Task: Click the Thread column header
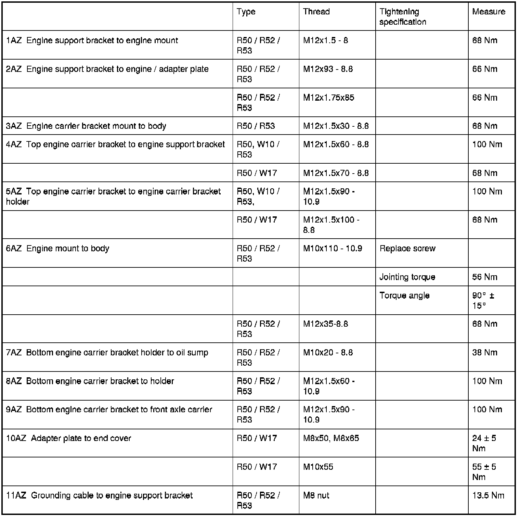316,12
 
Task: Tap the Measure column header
489,12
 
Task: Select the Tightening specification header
403,17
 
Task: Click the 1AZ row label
92,40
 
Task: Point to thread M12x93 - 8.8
328,69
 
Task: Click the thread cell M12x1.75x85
328,98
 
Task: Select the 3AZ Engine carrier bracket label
86,126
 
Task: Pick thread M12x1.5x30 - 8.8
336,126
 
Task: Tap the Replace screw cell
407,249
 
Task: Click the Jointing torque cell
407,277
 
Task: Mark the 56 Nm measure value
484,277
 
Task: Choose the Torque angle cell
404,295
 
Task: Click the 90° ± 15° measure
483,300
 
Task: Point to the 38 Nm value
484,353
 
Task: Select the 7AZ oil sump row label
107,353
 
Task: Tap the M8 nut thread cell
316,495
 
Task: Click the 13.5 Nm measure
488,495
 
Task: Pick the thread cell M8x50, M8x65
331,438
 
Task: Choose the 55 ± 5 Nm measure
484,472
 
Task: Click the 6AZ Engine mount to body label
58,249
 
